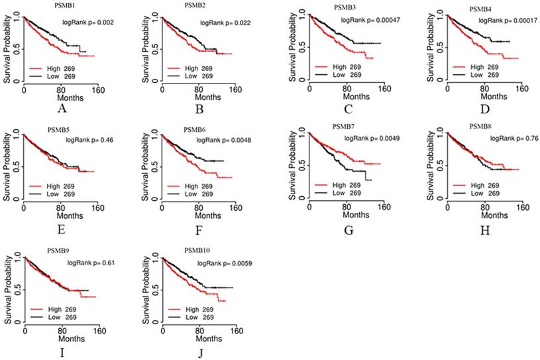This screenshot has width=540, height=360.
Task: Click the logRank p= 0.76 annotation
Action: click(514, 139)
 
